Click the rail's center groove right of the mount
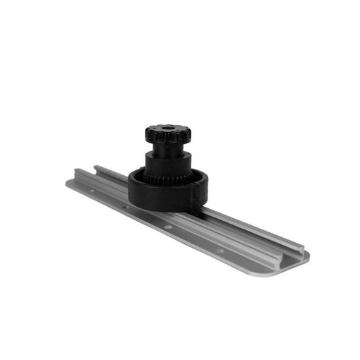(247, 226)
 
